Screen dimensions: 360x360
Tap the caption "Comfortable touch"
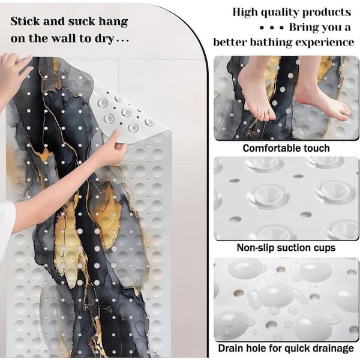tap(286, 148)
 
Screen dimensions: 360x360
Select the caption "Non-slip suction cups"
tap(286, 248)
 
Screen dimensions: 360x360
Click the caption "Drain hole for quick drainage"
tap(286, 348)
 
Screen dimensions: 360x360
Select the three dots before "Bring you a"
tap(272, 28)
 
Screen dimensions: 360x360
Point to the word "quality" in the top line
tap(280, 13)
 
